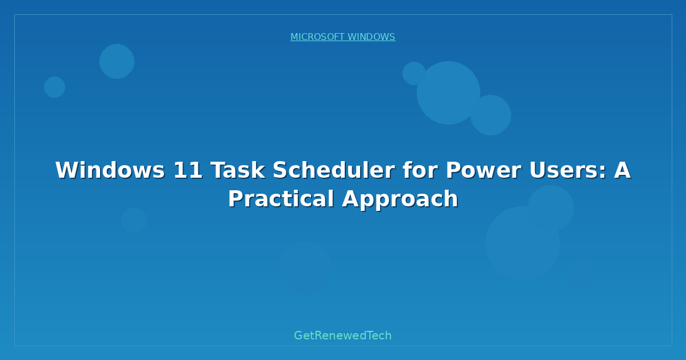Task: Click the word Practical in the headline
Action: coord(280,199)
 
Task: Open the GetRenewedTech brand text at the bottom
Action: coord(343,336)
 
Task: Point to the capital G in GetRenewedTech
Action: coord(298,336)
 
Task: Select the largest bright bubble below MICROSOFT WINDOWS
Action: coord(448,93)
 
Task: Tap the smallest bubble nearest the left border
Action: coord(54,87)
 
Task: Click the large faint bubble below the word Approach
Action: coord(522,243)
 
